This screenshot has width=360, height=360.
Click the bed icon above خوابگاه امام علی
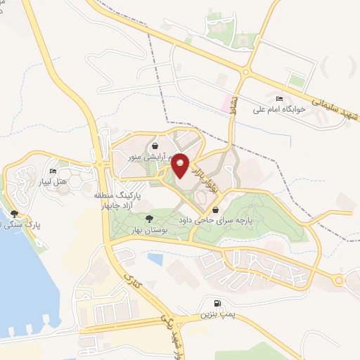click(x=280, y=98)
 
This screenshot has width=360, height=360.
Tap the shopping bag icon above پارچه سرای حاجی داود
click(x=215, y=209)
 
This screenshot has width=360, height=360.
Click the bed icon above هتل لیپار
click(x=53, y=171)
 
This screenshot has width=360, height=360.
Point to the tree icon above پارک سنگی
click(x=14, y=213)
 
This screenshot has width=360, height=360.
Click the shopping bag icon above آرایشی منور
click(x=154, y=147)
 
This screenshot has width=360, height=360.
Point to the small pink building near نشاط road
click(x=226, y=103)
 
